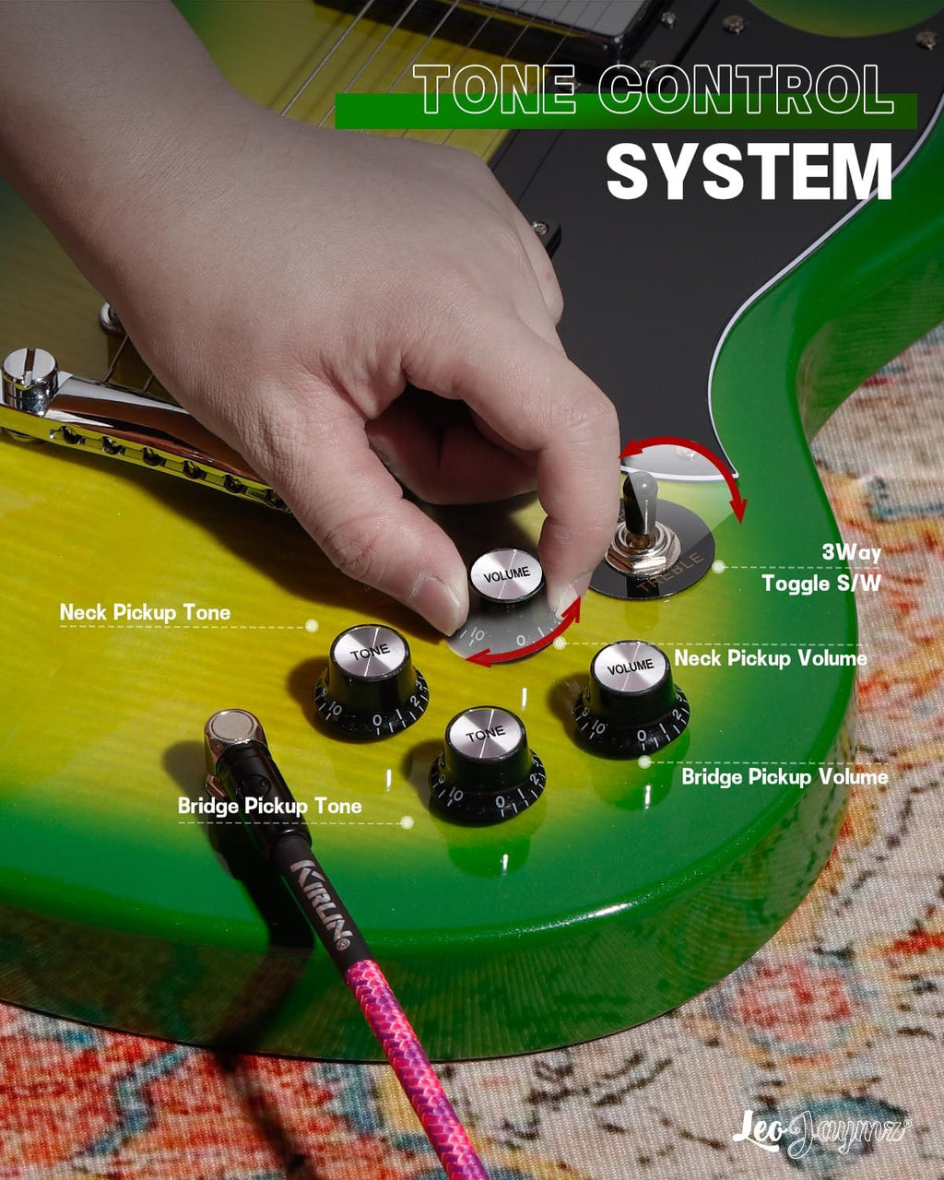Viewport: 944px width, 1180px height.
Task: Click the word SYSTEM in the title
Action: (x=749, y=171)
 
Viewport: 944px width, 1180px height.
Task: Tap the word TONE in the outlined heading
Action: (x=495, y=88)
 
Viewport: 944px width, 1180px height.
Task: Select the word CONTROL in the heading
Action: (x=746, y=88)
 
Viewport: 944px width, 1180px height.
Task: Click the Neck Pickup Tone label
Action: (x=145, y=612)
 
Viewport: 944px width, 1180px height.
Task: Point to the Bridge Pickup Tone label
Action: (x=269, y=806)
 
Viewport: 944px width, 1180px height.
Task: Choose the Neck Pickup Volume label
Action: (x=771, y=658)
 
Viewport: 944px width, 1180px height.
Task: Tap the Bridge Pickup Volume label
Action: (x=785, y=776)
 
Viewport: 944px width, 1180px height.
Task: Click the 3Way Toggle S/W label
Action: (x=821, y=568)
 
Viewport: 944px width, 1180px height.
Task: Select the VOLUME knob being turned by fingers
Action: (x=507, y=574)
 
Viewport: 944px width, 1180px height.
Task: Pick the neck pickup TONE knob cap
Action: (x=371, y=653)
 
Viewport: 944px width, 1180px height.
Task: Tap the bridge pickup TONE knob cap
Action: (x=485, y=734)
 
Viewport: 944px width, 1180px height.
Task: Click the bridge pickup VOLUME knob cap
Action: (x=631, y=667)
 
